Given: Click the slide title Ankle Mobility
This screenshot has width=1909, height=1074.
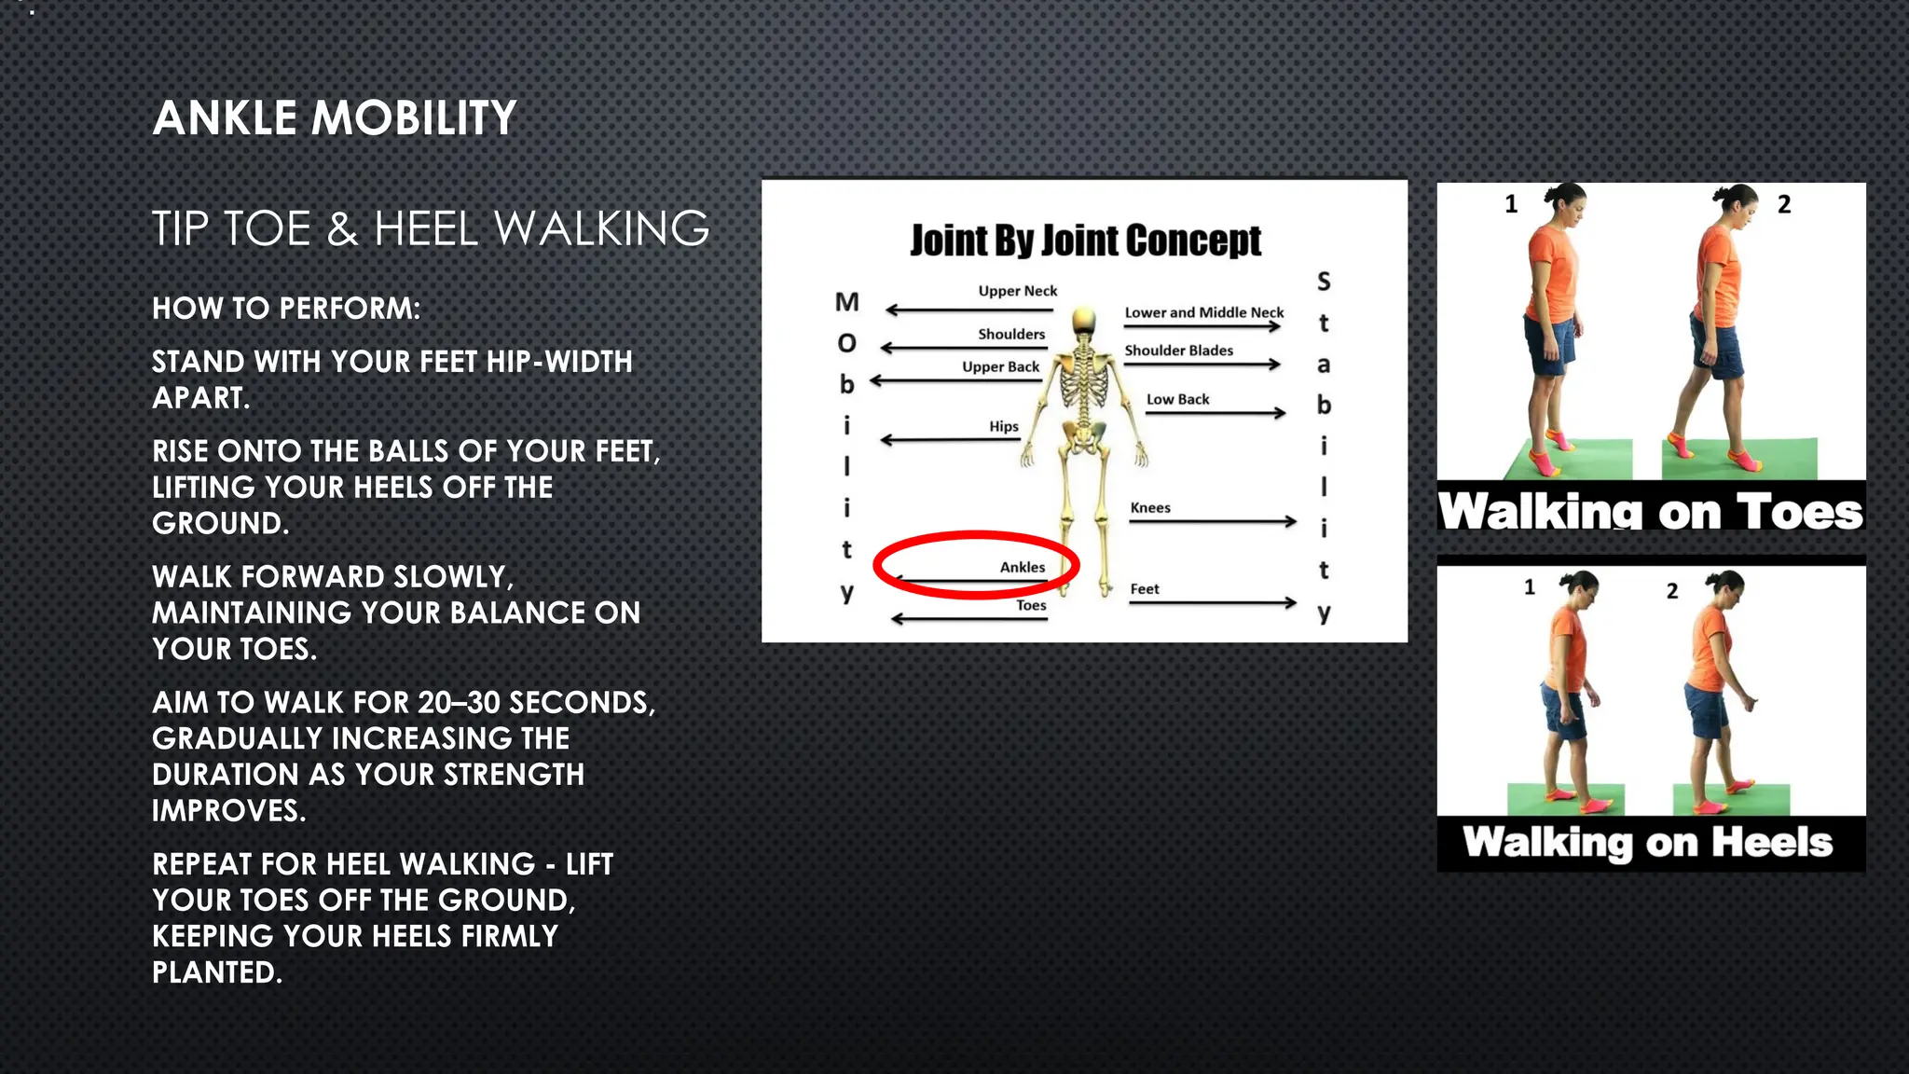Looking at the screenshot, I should pos(334,118).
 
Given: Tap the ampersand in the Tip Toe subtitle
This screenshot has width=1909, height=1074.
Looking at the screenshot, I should pos(342,229).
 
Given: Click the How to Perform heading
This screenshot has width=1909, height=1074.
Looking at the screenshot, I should pos(286,309).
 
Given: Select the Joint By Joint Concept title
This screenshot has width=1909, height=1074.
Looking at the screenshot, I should pos(1085,241).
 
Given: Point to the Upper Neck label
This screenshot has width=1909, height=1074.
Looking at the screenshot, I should pos(1017,291).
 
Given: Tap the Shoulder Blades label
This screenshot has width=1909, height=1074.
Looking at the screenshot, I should pos(1178,351).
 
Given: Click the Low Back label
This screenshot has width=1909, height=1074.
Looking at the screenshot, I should pos(1177,399).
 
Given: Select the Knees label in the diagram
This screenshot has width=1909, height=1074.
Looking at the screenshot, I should pos(1150,508).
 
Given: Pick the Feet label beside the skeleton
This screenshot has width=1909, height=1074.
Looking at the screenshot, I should pos(1145,589).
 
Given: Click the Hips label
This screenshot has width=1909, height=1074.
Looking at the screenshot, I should pos(1004,426).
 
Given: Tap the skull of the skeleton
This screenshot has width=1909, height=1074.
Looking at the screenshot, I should pos(1083,322).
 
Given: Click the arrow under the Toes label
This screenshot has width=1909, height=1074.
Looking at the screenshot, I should pos(969,618).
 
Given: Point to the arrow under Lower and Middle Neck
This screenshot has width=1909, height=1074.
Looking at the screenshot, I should pos(1202,326).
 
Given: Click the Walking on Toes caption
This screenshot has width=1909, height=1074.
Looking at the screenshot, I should pos(1650,511).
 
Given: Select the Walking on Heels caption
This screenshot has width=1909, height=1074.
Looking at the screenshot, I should pos(1648,843).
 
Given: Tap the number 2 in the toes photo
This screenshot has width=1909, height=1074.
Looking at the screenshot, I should pos(1784,205).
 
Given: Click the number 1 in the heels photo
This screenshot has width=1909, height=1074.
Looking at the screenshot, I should pos(1530,587).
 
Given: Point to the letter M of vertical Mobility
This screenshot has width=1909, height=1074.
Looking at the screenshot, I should pos(846,302).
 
